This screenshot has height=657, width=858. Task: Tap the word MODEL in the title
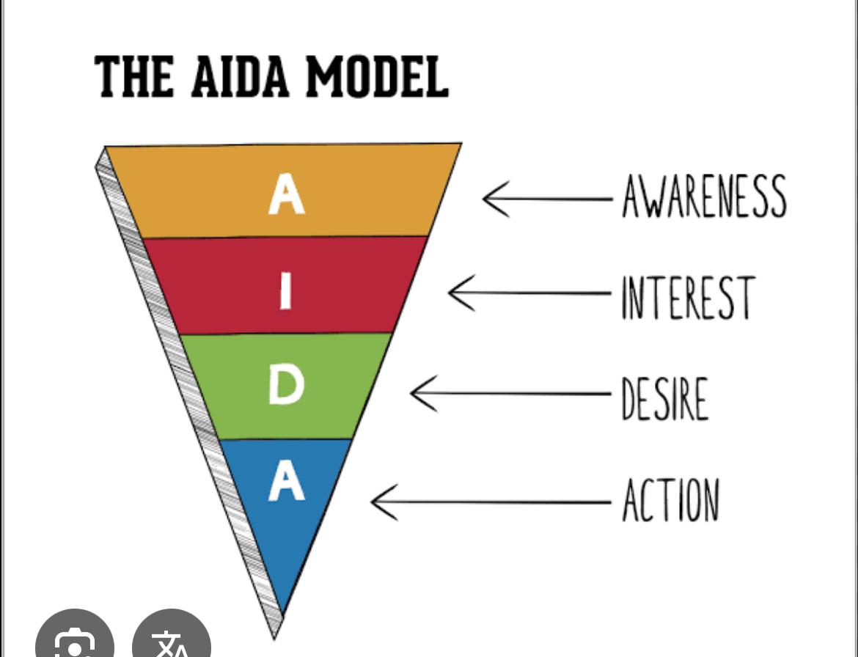[x=375, y=76]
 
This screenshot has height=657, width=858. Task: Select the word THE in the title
[x=134, y=76]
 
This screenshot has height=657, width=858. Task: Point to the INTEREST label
[x=687, y=297]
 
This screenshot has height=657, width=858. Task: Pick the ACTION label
[x=670, y=500]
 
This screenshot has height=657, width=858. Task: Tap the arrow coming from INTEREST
[x=528, y=293]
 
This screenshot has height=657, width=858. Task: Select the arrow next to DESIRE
[x=510, y=394]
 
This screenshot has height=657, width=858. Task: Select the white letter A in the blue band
[x=286, y=484]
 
